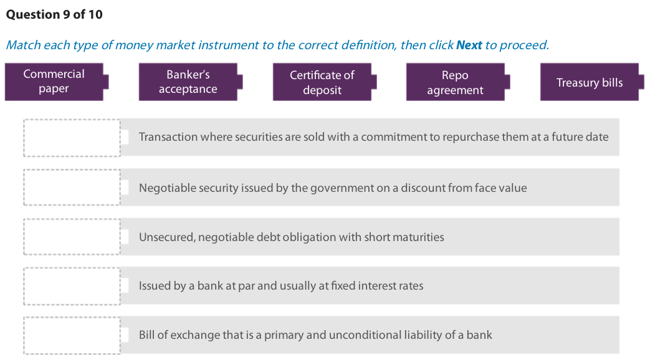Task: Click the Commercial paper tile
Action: tap(54, 82)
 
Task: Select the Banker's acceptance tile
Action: tap(188, 82)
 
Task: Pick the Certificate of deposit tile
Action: tap(322, 82)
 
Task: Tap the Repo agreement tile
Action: tap(455, 82)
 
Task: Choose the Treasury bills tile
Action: tap(590, 82)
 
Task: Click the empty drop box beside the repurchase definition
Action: tap(72, 138)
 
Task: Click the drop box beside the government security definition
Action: tap(72, 187)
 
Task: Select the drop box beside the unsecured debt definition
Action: tap(72, 236)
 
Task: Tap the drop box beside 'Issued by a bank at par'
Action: tap(72, 286)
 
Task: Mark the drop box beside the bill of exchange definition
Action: tap(72, 335)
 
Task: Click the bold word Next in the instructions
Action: tap(469, 45)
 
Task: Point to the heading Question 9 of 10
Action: tap(54, 14)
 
